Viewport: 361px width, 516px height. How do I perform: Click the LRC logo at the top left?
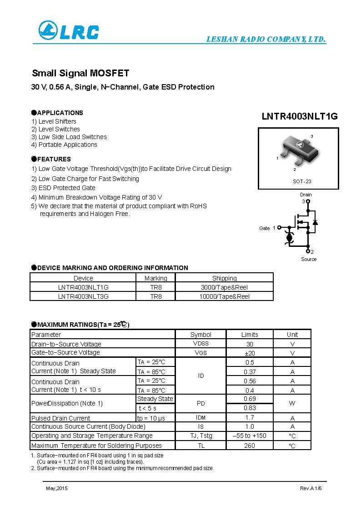pos(68,31)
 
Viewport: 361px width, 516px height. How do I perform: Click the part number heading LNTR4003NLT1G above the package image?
pos(299,116)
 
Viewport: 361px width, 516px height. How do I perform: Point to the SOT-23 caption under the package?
pos(302,181)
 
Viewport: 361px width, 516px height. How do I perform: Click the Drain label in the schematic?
pos(306,195)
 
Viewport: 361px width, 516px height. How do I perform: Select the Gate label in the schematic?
pos(264,228)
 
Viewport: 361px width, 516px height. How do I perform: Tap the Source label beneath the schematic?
pos(309,259)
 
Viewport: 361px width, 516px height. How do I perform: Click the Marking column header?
pos(155,278)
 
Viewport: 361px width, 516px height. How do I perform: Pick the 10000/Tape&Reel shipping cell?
pos(224,296)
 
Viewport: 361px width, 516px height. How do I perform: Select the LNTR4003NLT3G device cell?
pos(83,296)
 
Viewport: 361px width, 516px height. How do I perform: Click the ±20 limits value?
pos(250,353)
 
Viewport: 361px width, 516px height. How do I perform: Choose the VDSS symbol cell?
pos(201,344)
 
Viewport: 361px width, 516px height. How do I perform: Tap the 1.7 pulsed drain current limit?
pos(250,417)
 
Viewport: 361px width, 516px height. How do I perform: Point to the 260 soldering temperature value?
pos(250,446)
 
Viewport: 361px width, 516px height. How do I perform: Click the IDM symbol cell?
pos(201,417)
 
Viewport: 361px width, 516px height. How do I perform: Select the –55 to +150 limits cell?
pos(250,436)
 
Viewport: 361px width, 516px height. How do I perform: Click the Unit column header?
pos(292,335)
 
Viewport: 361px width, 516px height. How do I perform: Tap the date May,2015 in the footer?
pos(56,488)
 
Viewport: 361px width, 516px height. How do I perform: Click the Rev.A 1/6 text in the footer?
pos(311,488)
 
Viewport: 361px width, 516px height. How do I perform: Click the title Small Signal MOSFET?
pos(80,73)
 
